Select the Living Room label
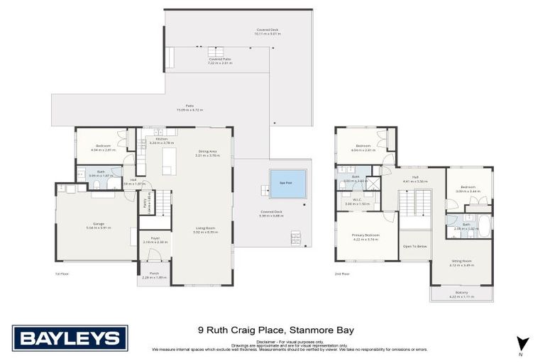205,228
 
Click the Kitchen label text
161,139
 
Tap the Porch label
154,274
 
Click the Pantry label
144,204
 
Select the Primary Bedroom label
366,235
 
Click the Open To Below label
414,247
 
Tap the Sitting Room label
461,262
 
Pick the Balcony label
461,292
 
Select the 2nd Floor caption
343,273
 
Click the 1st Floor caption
61,273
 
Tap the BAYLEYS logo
70,337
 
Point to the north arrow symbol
522,342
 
